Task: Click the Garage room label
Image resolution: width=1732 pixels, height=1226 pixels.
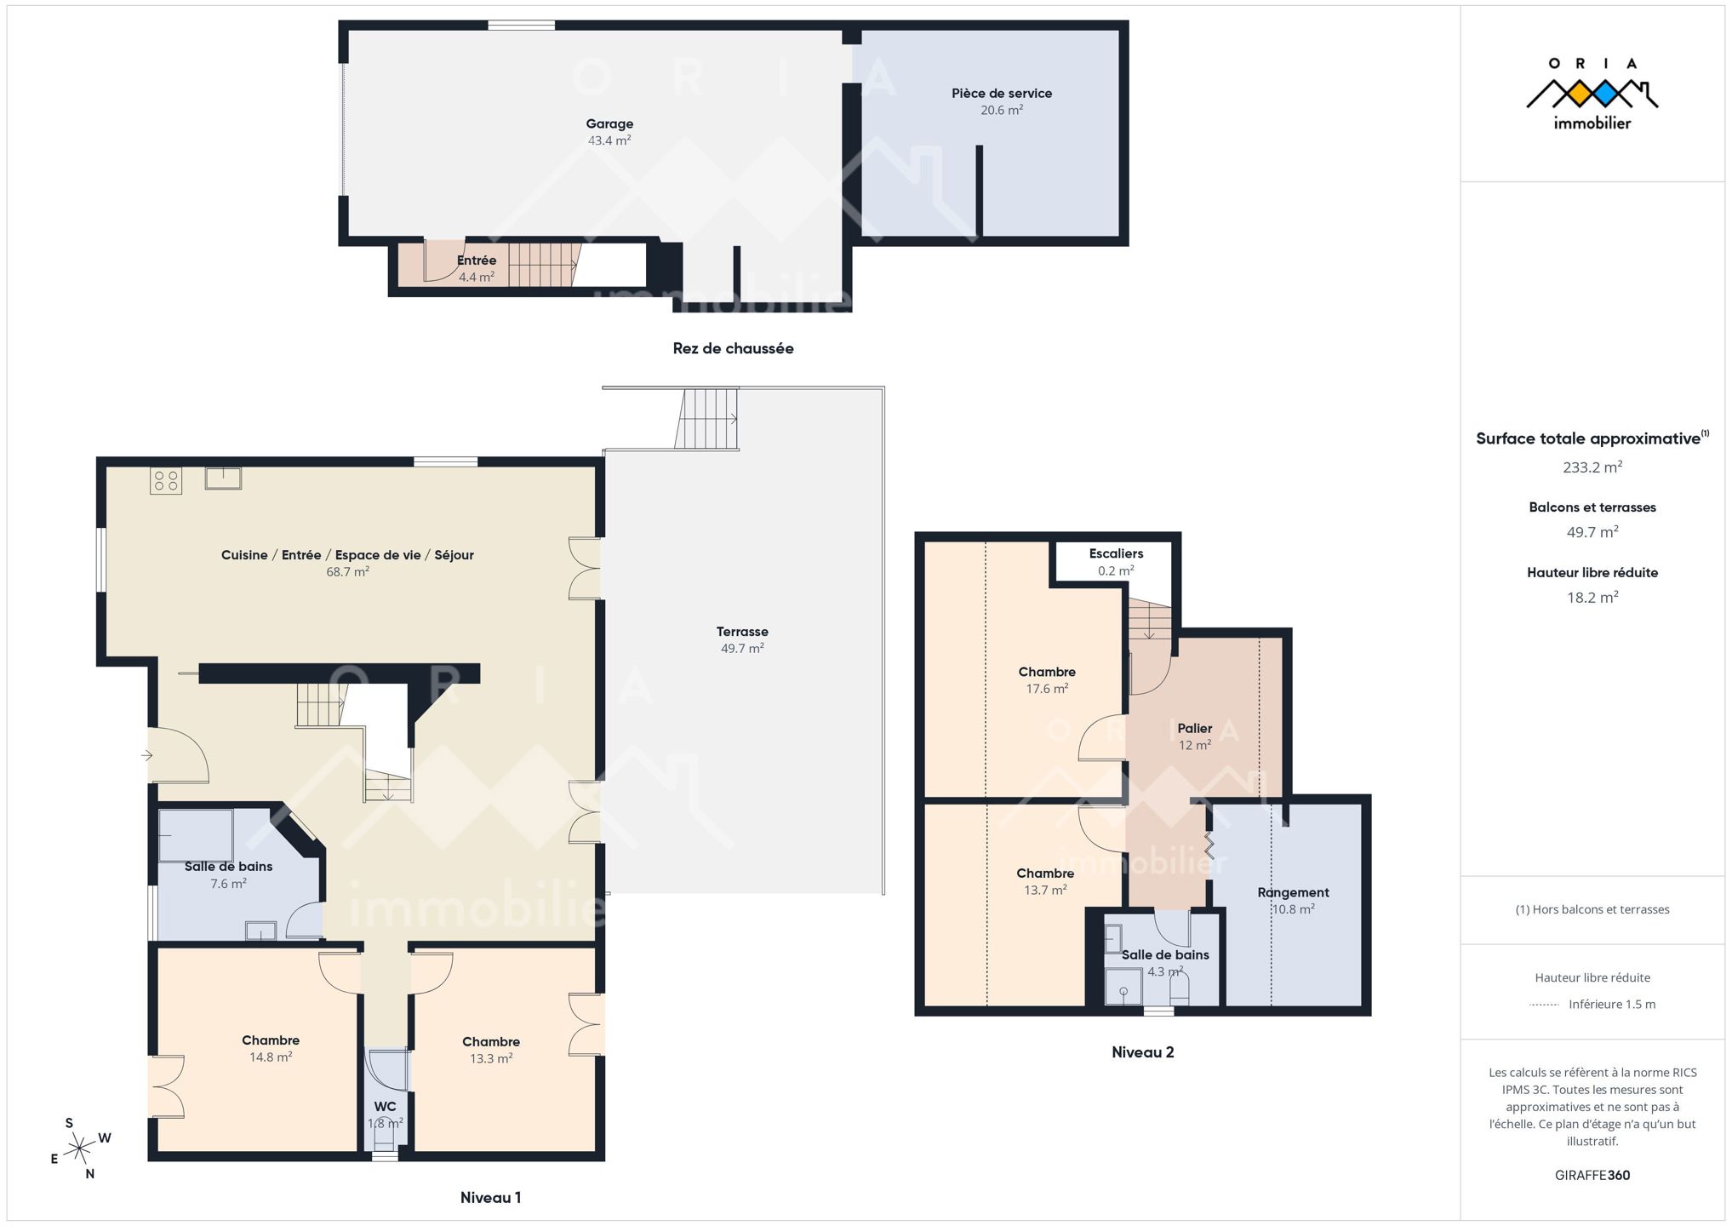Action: [x=609, y=124]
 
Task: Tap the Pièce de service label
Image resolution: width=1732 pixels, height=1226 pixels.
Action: [x=1002, y=94]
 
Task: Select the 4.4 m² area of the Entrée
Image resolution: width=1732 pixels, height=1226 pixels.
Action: [x=477, y=278]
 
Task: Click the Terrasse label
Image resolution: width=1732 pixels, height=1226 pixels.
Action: [x=742, y=632]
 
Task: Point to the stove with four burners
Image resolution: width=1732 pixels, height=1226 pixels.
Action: [x=166, y=481]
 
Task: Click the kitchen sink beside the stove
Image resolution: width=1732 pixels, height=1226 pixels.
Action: [x=223, y=478]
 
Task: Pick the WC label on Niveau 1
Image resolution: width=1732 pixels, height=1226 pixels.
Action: [x=386, y=1107]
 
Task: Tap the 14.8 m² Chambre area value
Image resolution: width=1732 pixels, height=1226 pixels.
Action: [x=271, y=1057]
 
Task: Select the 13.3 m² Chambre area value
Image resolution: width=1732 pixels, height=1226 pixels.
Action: [x=491, y=1059]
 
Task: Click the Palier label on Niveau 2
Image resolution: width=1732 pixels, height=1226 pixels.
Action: [x=1195, y=729]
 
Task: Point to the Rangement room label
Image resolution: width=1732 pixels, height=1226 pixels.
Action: [x=1293, y=893]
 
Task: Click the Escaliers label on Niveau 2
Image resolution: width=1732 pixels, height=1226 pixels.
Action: [x=1116, y=554]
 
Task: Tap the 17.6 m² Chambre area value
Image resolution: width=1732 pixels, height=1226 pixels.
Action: [x=1047, y=689]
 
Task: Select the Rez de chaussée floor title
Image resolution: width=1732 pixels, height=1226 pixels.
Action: [x=733, y=348]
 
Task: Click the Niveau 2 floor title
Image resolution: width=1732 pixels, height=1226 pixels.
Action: [x=1143, y=1052]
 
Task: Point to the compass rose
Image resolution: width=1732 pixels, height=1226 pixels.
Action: [x=79, y=1149]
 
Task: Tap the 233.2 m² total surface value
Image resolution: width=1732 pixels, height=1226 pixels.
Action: [x=1592, y=467]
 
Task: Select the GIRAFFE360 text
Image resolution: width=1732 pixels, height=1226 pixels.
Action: [x=1592, y=1176]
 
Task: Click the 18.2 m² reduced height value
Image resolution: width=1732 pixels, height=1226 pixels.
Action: [x=1592, y=598]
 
